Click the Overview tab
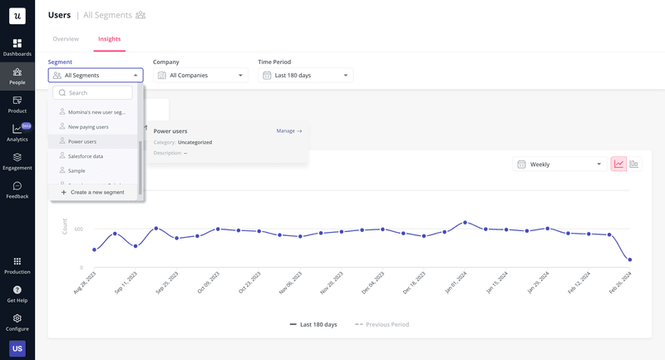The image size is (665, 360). click(x=66, y=39)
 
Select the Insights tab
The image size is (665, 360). click(x=109, y=39)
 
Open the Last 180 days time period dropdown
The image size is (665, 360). click(x=305, y=76)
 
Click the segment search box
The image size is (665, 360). click(x=92, y=93)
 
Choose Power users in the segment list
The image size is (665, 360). click(x=82, y=141)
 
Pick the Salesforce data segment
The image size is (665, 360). click(x=86, y=156)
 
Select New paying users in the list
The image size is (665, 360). click(x=88, y=127)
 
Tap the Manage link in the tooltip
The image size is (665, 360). click(x=288, y=131)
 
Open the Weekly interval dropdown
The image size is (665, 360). click(x=558, y=165)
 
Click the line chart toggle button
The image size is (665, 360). click(x=618, y=165)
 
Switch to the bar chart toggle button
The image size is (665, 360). click(x=634, y=165)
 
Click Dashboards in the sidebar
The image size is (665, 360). click(x=17, y=47)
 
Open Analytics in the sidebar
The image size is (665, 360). click(x=17, y=133)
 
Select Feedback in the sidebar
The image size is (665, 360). click(x=17, y=190)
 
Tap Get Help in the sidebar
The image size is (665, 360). click(x=17, y=294)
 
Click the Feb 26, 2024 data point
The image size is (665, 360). click(x=629, y=260)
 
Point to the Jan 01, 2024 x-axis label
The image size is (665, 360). click(x=455, y=288)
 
